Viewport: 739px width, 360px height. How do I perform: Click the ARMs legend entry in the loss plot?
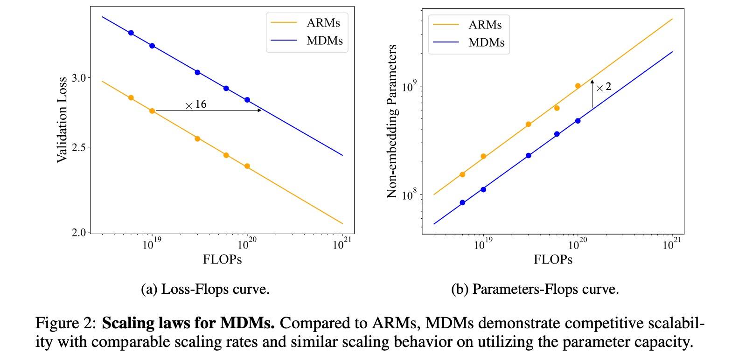coord(323,23)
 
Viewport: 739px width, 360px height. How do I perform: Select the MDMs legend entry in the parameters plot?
coord(486,42)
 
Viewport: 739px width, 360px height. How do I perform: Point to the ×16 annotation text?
coord(196,104)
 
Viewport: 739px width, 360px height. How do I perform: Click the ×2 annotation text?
coord(604,87)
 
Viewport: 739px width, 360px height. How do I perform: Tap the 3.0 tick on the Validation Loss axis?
coord(79,78)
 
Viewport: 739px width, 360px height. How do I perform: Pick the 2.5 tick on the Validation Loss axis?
coord(79,148)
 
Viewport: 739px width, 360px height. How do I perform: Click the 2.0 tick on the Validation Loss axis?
coord(79,232)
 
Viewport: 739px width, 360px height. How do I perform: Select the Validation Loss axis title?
coord(62,120)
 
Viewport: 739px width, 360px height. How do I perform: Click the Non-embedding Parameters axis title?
coord(392,121)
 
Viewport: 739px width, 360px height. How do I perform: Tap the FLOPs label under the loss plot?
coord(222,260)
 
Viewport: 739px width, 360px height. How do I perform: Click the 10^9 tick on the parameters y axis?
coord(409,87)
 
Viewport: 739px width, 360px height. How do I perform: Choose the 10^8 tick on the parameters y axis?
coord(409,195)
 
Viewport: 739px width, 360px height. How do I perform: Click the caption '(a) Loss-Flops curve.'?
coord(205,290)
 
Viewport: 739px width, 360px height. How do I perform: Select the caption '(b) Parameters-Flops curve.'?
coord(535,290)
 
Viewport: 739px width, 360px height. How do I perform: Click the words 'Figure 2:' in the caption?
coord(66,323)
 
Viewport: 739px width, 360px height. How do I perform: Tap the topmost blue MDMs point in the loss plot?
coord(131,33)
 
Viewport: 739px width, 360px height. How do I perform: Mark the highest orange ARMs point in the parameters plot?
coord(578,86)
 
